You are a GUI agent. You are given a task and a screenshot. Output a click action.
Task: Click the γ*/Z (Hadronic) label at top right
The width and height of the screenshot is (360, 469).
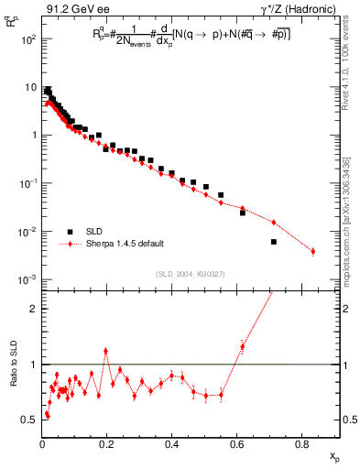pos(299,10)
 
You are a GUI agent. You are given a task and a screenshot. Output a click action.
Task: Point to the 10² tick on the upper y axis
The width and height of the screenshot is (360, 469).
pos(30,40)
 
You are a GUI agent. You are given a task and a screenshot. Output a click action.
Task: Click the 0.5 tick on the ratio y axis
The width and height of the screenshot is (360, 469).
pos(30,420)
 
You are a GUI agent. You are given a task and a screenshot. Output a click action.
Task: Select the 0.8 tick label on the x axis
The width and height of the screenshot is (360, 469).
pos(302,444)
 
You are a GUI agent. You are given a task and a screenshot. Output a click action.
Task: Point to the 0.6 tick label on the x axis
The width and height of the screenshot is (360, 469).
pos(237,444)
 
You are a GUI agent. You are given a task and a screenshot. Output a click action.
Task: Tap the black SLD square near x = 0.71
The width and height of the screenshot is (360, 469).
pos(274,242)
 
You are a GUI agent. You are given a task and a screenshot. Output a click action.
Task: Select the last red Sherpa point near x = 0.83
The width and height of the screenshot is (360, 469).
pos(313,251)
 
